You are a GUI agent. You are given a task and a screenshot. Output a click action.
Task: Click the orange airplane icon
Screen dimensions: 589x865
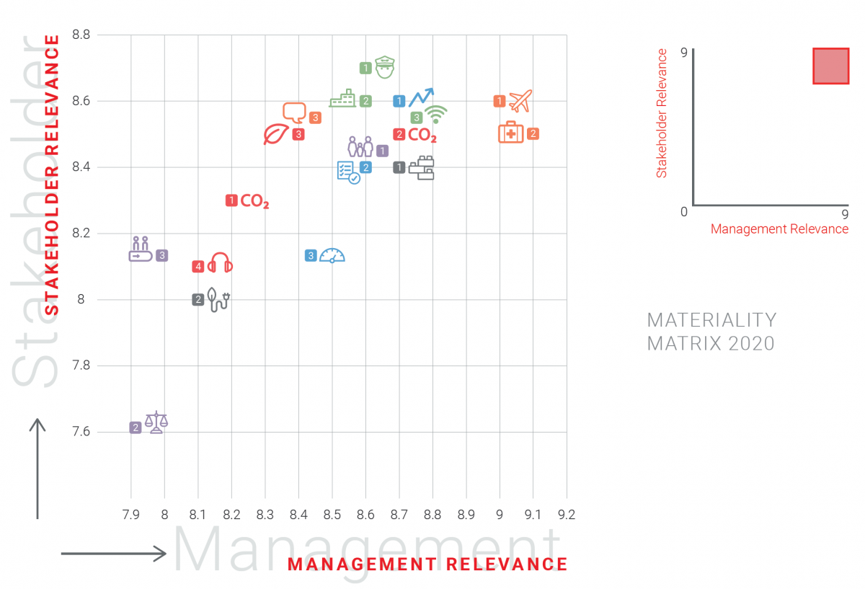(x=520, y=102)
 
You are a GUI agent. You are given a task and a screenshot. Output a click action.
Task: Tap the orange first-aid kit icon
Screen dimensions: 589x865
(x=511, y=132)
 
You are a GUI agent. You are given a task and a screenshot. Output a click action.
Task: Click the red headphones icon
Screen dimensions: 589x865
(x=220, y=263)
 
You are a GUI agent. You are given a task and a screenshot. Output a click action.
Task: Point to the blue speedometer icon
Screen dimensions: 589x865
(x=332, y=255)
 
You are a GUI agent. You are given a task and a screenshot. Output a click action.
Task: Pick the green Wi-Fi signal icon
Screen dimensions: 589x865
(x=435, y=115)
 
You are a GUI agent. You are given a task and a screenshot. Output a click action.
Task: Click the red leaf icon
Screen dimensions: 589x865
(x=276, y=134)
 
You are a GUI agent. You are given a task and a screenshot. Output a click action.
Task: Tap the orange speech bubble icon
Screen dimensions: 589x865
(x=294, y=112)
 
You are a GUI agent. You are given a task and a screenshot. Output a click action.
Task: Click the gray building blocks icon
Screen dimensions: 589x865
(x=422, y=168)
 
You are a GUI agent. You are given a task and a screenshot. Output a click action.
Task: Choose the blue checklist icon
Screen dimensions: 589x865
(x=348, y=172)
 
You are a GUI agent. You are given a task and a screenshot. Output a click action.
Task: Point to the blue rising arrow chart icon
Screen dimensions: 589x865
(x=422, y=98)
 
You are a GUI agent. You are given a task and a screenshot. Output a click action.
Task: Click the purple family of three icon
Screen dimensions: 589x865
(x=360, y=147)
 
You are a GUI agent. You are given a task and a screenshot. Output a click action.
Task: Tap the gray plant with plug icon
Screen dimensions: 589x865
(x=218, y=299)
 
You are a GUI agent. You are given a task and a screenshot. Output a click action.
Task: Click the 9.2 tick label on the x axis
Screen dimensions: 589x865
(x=566, y=515)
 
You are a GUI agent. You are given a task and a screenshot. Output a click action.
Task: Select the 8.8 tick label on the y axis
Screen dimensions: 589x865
(x=81, y=35)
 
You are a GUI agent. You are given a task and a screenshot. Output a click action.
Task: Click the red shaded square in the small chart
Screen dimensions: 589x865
(x=830, y=66)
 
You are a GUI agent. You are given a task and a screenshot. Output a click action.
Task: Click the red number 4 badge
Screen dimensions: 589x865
(x=198, y=267)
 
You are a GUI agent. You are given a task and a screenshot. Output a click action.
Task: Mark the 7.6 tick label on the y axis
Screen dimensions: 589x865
(x=81, y=432)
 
